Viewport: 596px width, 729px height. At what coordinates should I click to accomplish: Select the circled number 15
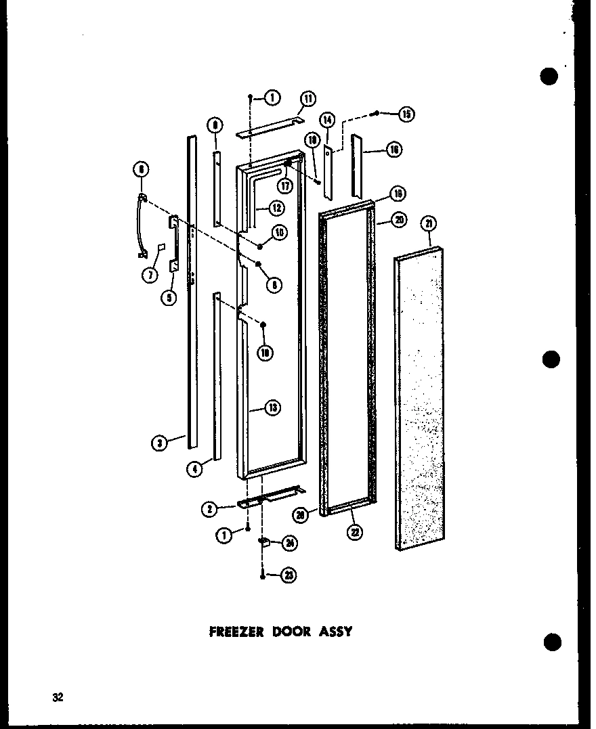pyautogui.click(x=406, y=114)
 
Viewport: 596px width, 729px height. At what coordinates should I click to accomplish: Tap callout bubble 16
pyautogui.click(x=394, y=150)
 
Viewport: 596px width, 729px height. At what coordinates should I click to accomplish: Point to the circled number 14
pyautogui.click(x=327, y=120)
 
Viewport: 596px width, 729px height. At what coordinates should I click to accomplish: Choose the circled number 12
pyautogui.click(x=276, y=208)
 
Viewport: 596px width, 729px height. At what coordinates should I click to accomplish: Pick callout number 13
pyautogui.click(x=272, y=407)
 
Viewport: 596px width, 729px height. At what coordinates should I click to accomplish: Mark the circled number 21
pyautogui.click(x=428, y=223)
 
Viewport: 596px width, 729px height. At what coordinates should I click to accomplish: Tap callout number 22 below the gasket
pyautogui.click(x=354, y=532)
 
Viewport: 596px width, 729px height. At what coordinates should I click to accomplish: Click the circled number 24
pyautogui.click(x=290, y=542)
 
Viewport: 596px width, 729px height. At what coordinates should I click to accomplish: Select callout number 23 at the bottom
pyautogui.click(x=290, y=575)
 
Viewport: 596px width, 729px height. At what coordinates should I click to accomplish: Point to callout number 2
pyautogui.click(x=210, y=510)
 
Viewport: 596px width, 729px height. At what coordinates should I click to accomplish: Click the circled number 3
pyautogui.click(x=159, y=443)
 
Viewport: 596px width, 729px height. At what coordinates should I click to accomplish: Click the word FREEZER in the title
pyautogui.click(x=236, y=632)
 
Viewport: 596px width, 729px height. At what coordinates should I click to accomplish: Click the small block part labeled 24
pyautogui.click(x=265, y=542)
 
